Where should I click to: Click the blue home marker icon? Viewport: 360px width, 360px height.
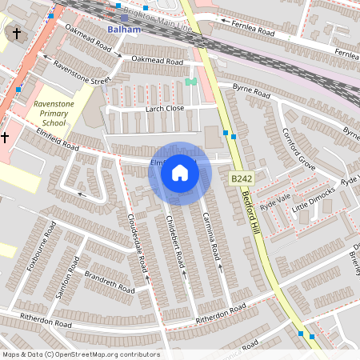(x=180, y=173)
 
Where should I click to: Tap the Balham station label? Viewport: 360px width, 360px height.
(x=124, y=30)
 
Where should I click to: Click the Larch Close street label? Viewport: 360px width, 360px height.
(x=165, y=108)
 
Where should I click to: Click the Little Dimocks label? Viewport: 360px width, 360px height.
(x=314, y=201)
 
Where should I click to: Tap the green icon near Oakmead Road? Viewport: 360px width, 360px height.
(x=190, y=82)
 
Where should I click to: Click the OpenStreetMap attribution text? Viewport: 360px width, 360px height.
(x=81, y=354)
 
